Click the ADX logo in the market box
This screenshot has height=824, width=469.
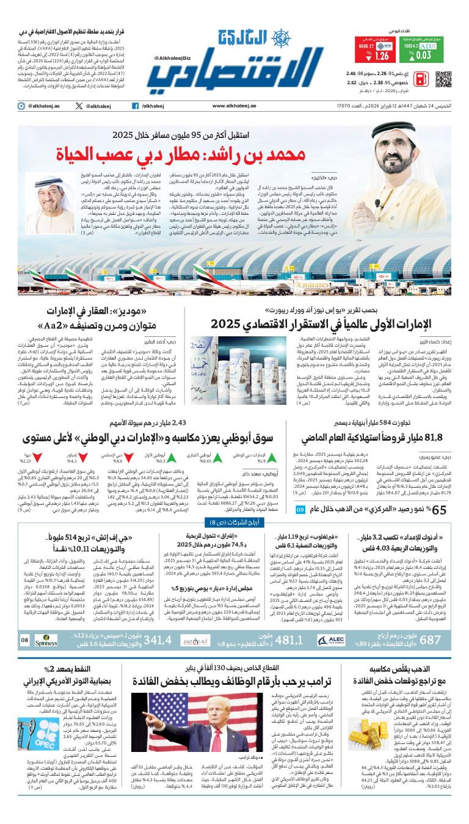pyautogui.click(x=427, y=45)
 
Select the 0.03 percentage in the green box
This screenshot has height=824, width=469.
pyautogui.click(x=421, y=56)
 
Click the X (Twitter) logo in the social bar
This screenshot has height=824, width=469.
pyautogui.click(x=79, y=106)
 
